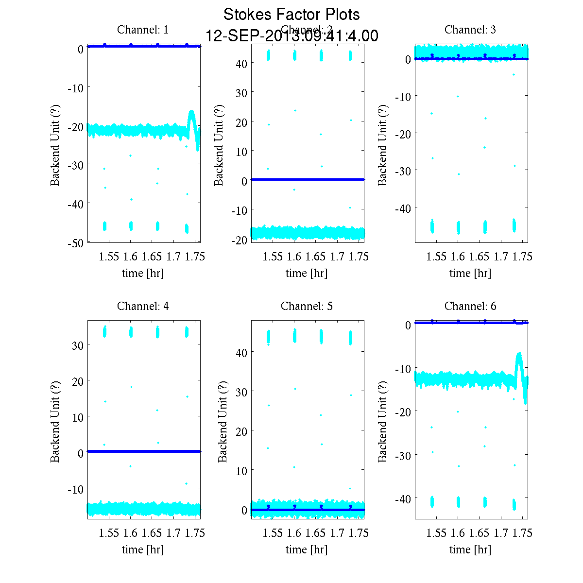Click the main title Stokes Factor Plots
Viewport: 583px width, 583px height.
291,15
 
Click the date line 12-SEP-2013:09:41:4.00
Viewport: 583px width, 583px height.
291,36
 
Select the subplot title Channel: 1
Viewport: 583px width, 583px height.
143,30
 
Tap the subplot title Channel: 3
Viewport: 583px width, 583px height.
470,30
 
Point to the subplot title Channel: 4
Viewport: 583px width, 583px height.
143,306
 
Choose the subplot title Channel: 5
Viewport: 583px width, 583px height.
307,306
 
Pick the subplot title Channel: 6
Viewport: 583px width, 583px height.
470,306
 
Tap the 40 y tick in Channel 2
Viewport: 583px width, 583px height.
242,64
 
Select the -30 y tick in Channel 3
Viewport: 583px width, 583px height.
404,171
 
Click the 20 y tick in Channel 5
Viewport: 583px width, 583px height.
242,431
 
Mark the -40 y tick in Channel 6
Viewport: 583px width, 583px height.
404,499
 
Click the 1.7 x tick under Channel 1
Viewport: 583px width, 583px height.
173,257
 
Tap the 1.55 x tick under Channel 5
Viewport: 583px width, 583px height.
273,533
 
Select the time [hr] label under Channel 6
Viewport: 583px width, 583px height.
470,549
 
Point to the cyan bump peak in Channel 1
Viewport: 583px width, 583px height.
192,112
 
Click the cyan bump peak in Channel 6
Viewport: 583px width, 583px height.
519,354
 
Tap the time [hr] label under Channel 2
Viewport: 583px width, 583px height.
307,273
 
